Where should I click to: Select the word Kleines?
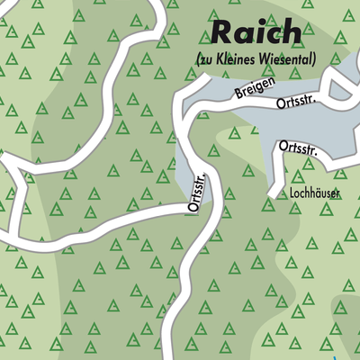(238, 60)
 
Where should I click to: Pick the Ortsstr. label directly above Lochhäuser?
(298, 146)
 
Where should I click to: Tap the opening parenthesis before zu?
(198, 60)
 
